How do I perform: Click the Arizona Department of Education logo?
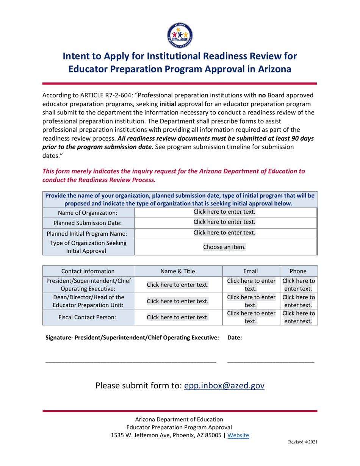pos(180,34)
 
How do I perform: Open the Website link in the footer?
pos(238,435)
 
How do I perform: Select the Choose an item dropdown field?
pos(224,247)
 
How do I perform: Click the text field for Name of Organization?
pos(224,212)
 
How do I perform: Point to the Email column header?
pos(251,271)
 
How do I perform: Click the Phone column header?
pos(298,271)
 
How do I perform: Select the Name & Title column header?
pos(178,271)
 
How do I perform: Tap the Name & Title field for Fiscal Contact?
pos(178,317)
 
